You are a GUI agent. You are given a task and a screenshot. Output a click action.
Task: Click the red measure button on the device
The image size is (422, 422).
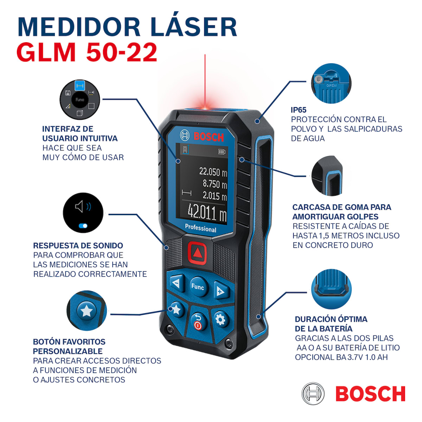click(197, 252)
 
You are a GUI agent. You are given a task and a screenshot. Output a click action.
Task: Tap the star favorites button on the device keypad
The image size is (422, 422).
click(176, 309)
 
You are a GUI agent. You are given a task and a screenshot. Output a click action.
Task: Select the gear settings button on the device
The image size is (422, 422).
click(220, 320)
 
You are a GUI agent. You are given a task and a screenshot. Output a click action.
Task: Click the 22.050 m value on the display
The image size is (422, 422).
click(213, 172)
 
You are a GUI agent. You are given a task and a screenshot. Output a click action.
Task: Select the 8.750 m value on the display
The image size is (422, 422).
click(215, 184)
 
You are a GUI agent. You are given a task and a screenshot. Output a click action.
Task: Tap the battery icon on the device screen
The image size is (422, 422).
click(222, 152)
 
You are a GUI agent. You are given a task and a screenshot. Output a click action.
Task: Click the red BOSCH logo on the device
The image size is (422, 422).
click(209, 136)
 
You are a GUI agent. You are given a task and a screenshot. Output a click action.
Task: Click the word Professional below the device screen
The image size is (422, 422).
click(200, 228)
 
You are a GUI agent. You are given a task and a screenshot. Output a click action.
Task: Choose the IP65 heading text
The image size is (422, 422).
click(299, 110)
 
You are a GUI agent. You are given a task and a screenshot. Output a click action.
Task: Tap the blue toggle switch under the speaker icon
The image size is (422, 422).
click(83, 226)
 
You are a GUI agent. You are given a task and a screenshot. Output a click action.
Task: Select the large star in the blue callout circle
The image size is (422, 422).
click(87, 311)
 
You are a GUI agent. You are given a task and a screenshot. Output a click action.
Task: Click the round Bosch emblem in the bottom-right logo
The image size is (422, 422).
click(313, 394)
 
